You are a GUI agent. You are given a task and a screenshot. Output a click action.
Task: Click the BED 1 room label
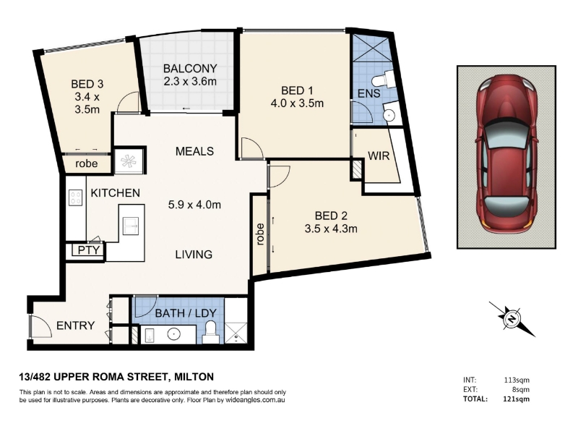297,90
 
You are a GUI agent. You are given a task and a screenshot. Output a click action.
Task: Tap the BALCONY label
190,69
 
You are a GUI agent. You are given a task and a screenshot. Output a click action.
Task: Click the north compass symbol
512,318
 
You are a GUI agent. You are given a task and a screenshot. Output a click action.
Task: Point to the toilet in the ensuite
379,80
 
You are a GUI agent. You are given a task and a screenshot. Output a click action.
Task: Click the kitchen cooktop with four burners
75,197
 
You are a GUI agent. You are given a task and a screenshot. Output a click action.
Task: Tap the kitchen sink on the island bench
130,226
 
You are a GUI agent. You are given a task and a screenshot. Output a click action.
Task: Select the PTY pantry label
89,250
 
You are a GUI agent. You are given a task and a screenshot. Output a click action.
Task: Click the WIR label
379,156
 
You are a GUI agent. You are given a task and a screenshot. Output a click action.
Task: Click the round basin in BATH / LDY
173,335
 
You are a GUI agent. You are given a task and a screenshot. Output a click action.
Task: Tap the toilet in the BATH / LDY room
211,331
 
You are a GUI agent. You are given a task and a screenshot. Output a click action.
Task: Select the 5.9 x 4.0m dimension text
194,204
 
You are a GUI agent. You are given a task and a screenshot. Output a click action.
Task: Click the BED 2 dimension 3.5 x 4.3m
331,229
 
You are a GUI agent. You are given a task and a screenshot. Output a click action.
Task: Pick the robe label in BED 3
87,163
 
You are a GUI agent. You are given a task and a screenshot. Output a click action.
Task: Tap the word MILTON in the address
194,377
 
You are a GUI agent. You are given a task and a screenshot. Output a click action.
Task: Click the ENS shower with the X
370,48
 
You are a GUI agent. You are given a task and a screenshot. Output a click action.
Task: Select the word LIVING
194,255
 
